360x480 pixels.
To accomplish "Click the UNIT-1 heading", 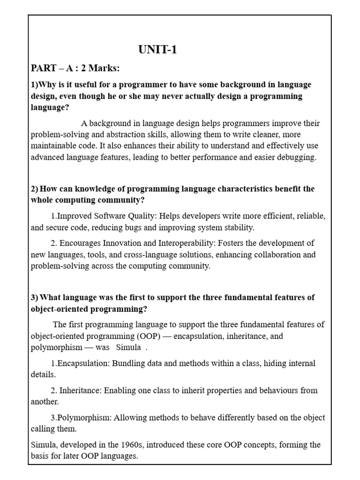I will point(157,50).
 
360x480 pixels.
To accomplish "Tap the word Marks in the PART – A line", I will point(103,69).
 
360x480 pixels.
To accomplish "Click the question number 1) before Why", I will point(35,85).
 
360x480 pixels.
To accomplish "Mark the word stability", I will point(236,228).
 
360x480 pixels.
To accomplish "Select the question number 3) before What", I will point(35,298).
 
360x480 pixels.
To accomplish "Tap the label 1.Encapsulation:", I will point(80,363).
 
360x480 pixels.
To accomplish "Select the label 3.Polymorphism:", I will point(81,418).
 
